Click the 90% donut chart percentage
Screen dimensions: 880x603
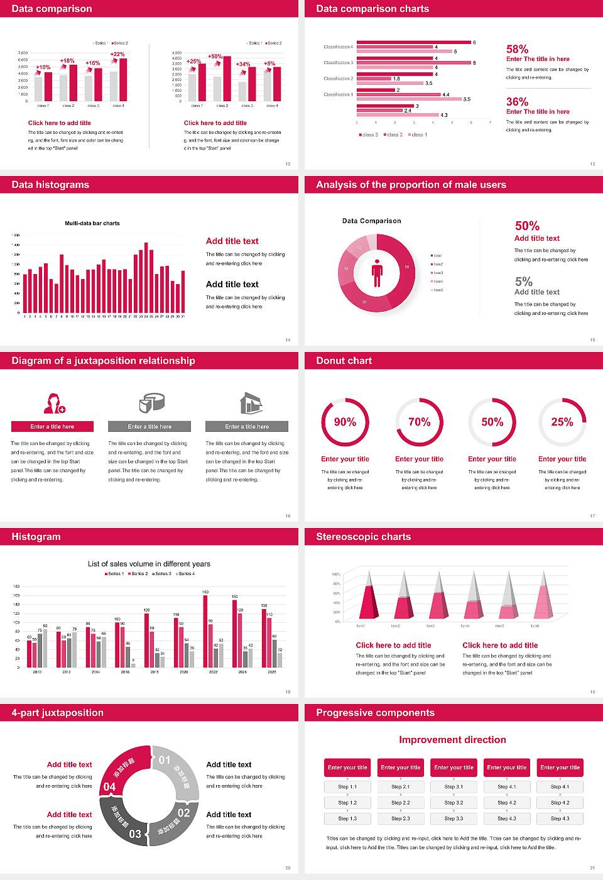[345, 422]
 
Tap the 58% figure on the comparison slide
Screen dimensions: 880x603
[517, 49]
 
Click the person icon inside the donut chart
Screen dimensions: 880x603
[377, 273]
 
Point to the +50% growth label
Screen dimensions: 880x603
[215, 56]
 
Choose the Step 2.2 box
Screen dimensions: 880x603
[401, 803]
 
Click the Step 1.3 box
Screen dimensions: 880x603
[347, 818]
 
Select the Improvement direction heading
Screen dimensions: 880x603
[452, 740]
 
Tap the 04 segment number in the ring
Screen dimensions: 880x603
[109, 786]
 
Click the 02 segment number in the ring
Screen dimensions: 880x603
[183, 813]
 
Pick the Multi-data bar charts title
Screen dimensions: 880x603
[92, 223]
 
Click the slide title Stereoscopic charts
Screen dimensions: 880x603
[363, 537]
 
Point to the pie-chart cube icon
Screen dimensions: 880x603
[151, 402]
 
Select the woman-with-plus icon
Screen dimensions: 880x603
[54, 403]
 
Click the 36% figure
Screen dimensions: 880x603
[517, 102]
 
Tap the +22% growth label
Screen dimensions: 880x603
[117, 54]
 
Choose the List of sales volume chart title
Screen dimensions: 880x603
[149, 564]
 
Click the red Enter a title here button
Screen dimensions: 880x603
[53, 427]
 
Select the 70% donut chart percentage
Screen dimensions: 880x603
[420, 422]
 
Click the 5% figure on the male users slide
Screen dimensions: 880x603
[523, 282]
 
